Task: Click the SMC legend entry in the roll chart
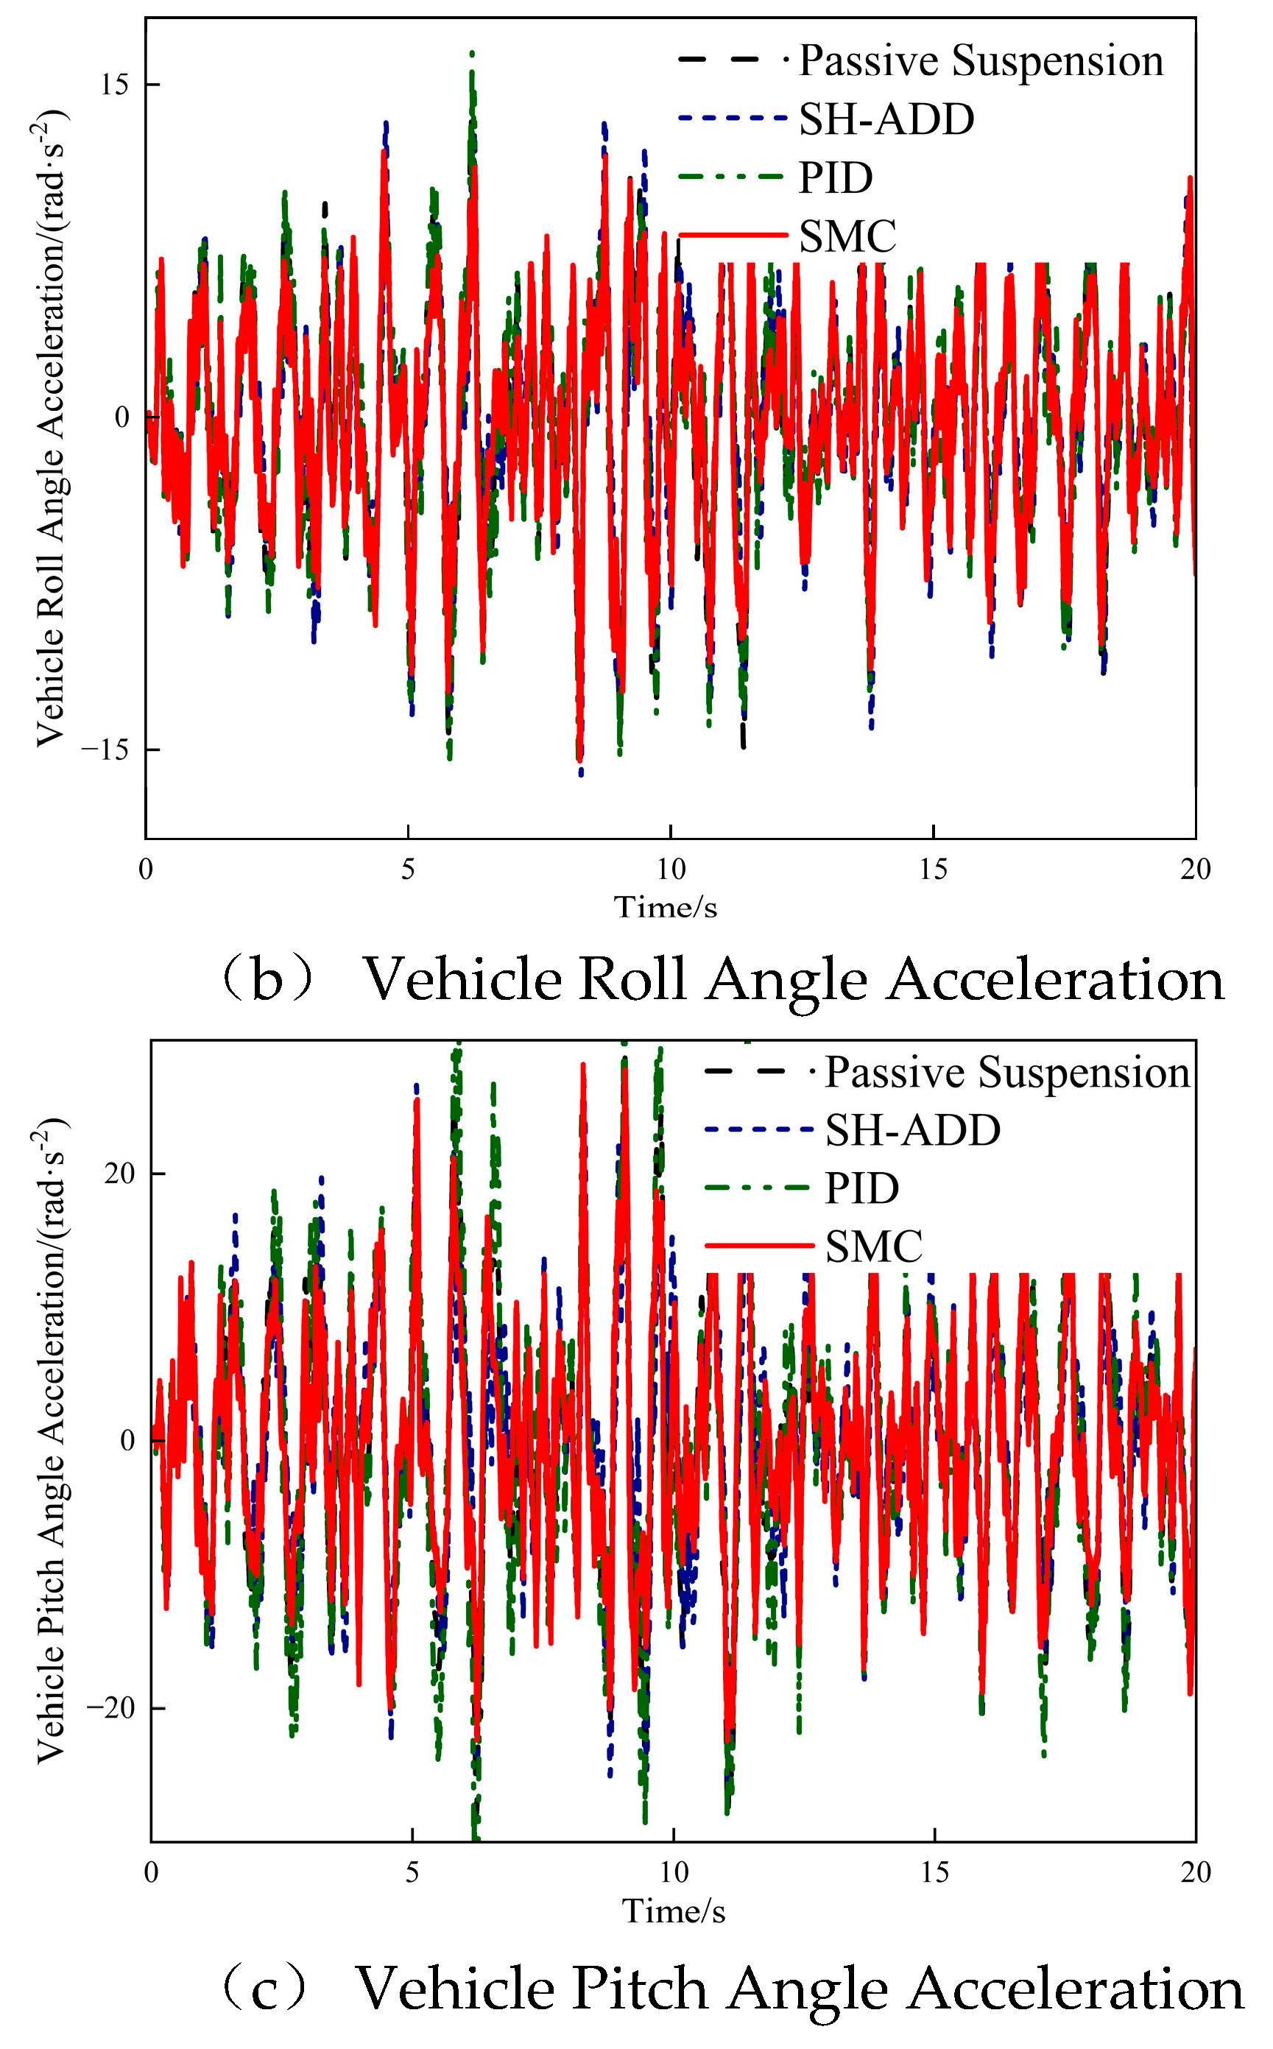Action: click(x=847, y=236)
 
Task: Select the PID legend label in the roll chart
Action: click(x=835, y=177)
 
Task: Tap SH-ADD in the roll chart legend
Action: click(x=886, y=119)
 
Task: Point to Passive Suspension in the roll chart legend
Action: click(x=981, y=61)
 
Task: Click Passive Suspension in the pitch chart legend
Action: click(x=1007, y=1073)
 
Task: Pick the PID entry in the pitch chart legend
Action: click(x=862, y=1188)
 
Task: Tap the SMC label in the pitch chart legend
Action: click(x=874, y=1246)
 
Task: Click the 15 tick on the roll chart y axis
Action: click(x=115, y=85)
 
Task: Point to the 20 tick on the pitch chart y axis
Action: click(x=119, y=1174)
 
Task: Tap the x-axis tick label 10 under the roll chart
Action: click(x=671, y=869)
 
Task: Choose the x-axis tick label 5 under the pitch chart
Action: click(x=412, y=1872)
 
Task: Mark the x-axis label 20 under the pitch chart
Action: click(x=1196, y=1872)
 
